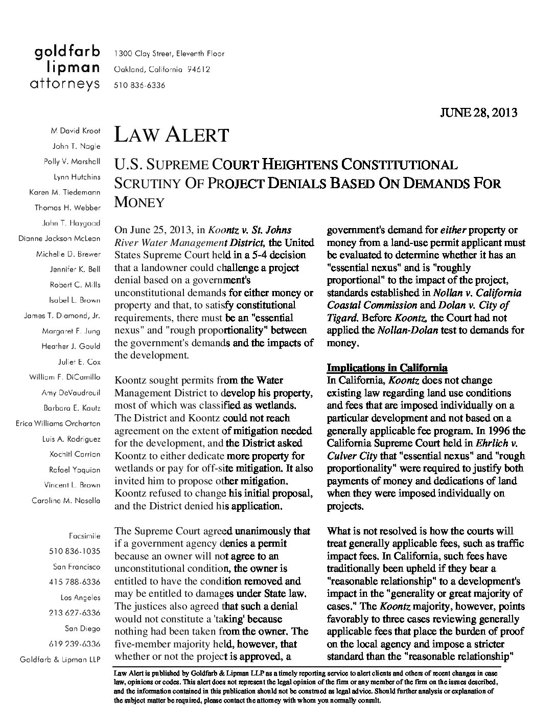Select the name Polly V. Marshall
tap(72, 162)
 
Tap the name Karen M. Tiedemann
tap(65, 192)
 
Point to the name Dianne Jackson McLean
tap(59, 238)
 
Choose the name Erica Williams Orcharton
tap(58, 423)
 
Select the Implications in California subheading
tap(387, 368)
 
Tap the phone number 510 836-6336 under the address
tap(140, 85)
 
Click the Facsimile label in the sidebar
tap(84, 536)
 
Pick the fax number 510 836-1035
tap(75, 551)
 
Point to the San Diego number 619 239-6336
tap(75, 643)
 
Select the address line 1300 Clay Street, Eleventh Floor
tap(169, 54)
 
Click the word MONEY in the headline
tap(139, 202)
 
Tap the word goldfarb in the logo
tap(67, 52)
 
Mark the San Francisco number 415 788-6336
tap(75, 582)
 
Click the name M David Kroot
tap(76, 131)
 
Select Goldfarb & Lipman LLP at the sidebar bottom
tap(60, 659)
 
